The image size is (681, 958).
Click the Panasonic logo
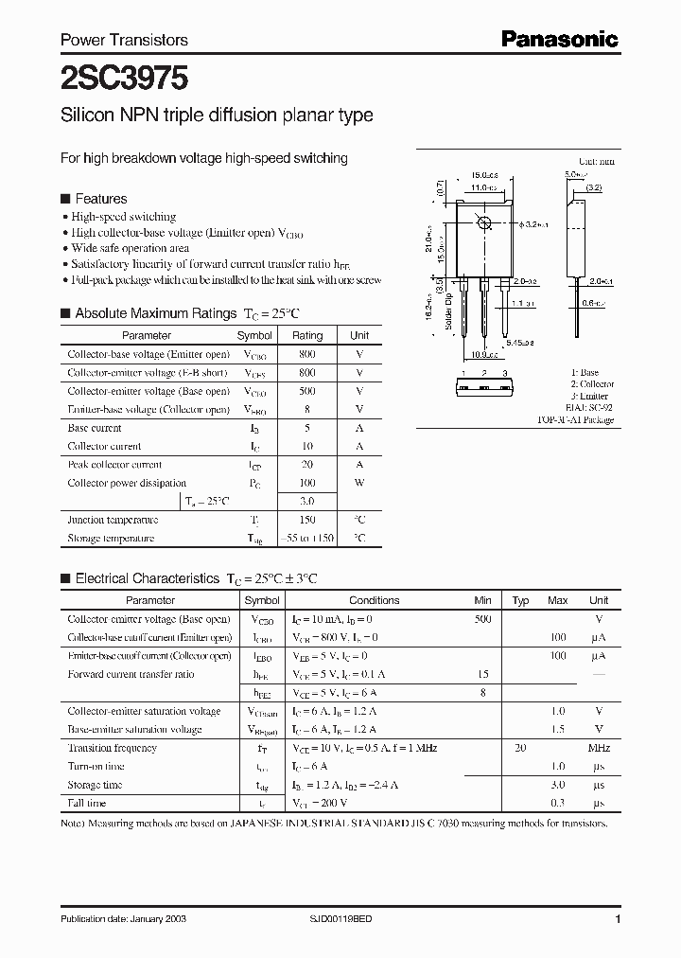(559, 39)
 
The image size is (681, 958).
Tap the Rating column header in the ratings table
(307, 335)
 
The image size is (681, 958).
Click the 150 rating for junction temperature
(307, 520)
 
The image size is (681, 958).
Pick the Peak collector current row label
(114, 465)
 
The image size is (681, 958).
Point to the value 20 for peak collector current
(307, 465)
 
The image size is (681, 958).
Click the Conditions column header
(375, 600)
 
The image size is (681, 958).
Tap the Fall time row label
(88, 803)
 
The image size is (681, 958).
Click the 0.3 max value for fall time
(557, 803)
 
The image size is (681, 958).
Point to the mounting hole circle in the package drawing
(484, 223)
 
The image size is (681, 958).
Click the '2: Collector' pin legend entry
(592, 384)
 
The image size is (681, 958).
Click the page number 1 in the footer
(618, 919)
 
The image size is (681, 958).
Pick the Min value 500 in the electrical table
(482, 618)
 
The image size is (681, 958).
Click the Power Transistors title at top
(124, 40)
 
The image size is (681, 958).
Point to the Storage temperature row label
(111, 538)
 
